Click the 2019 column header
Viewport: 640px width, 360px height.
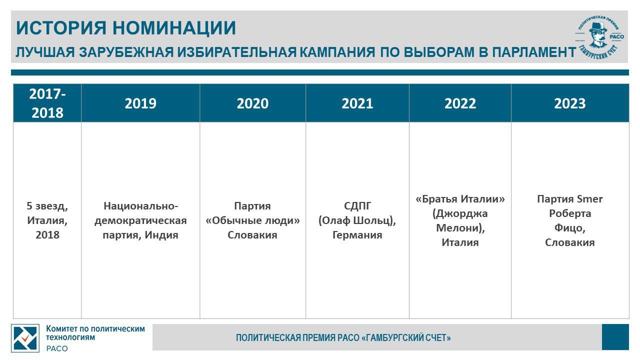click(140, 103)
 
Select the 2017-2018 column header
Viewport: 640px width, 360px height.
click(47, 103)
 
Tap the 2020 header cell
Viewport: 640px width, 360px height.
click(252, 103)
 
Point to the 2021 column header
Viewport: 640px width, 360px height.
click(357, 103)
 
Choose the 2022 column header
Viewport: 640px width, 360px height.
click(460, 103)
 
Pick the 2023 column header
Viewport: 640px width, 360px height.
click(570, 103)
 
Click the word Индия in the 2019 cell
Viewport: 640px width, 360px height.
click(161, 235)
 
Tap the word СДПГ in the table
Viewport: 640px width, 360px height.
click(357, 205)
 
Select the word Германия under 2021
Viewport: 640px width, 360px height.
click(357, 235)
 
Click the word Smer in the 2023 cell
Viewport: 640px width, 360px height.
click(589, 199)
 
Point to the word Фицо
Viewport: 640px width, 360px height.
click(569, 228)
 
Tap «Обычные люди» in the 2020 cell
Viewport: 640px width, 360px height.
click(253, 220)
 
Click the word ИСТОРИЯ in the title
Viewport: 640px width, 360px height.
click(61, 28)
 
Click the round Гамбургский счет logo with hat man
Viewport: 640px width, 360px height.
click(599, 37)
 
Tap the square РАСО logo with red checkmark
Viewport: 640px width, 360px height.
click(25, 338)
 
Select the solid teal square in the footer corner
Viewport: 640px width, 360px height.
click(615, 337)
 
